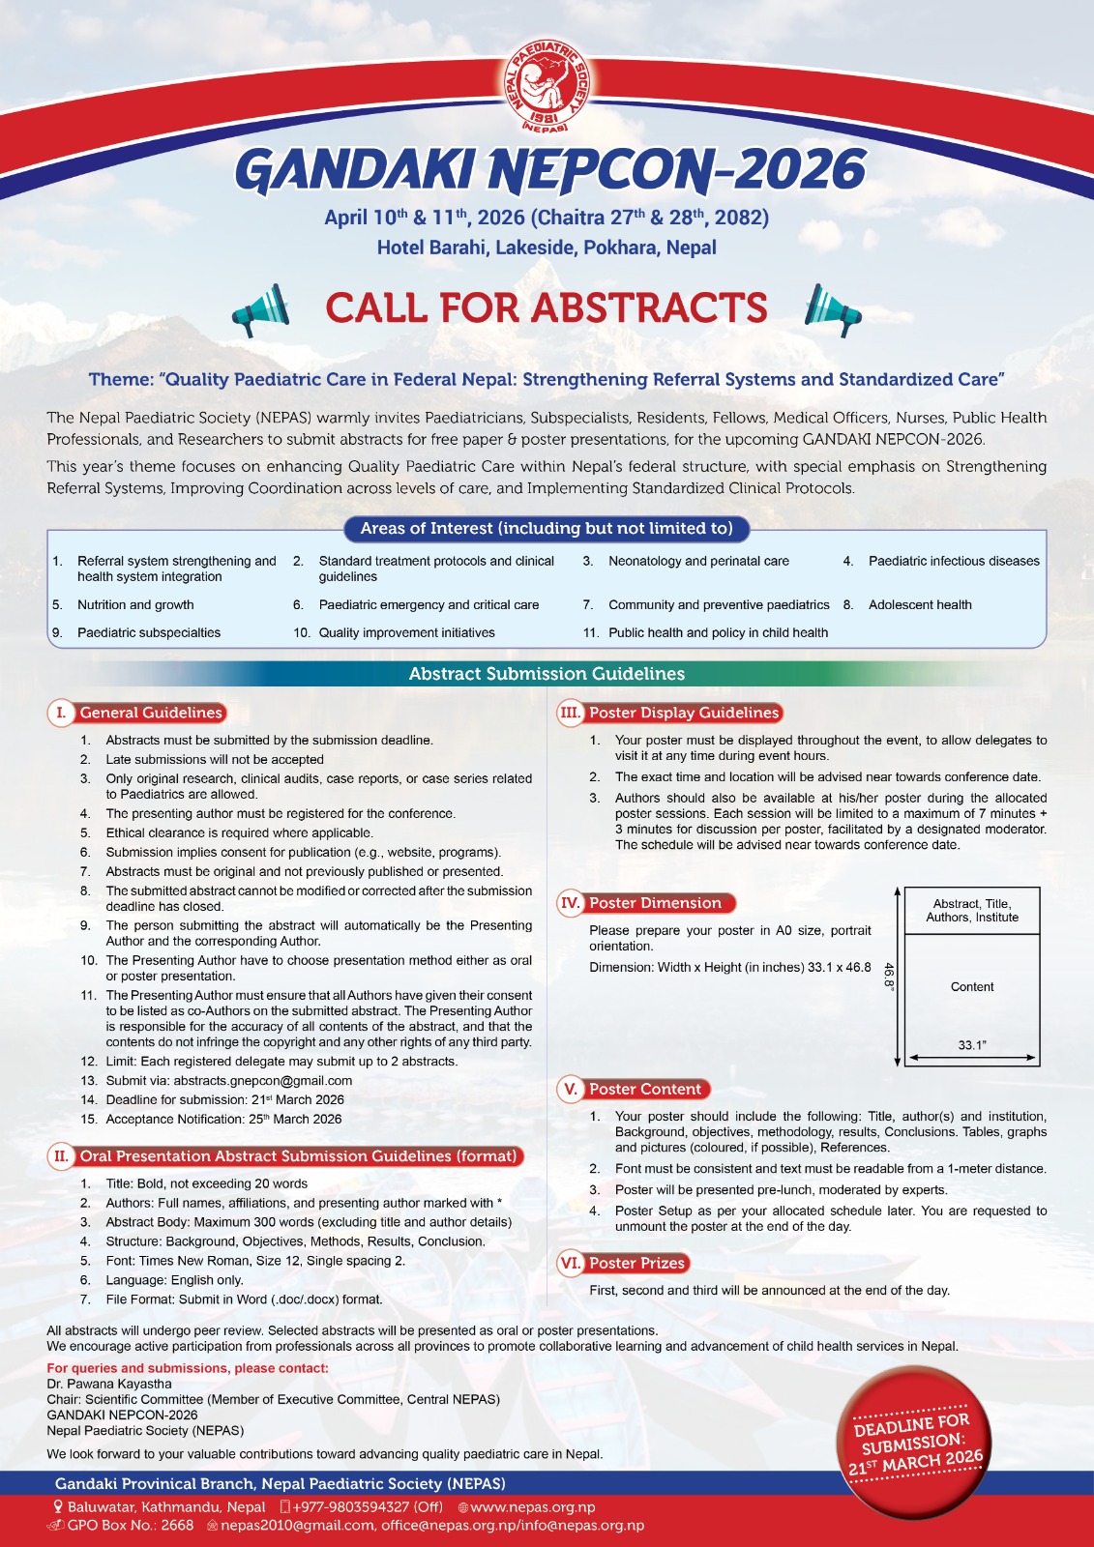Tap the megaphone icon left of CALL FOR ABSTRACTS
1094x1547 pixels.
261,309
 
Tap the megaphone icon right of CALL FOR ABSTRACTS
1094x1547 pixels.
832,309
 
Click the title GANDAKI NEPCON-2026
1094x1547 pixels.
549,170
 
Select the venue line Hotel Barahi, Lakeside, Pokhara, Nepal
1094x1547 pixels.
547,248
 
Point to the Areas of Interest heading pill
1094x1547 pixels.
547,528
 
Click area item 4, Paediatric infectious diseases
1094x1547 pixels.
953,561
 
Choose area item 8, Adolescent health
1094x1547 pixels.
919,604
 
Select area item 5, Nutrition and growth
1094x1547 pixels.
135,604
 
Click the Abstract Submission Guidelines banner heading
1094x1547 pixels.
547,674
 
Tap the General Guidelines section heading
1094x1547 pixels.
151,713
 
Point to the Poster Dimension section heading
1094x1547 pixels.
655,903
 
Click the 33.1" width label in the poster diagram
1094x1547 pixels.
972,1045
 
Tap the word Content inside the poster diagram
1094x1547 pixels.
972,987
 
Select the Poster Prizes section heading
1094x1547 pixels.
636,1263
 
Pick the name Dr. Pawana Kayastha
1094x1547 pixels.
109,1384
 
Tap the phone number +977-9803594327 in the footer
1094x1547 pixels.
368,1506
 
